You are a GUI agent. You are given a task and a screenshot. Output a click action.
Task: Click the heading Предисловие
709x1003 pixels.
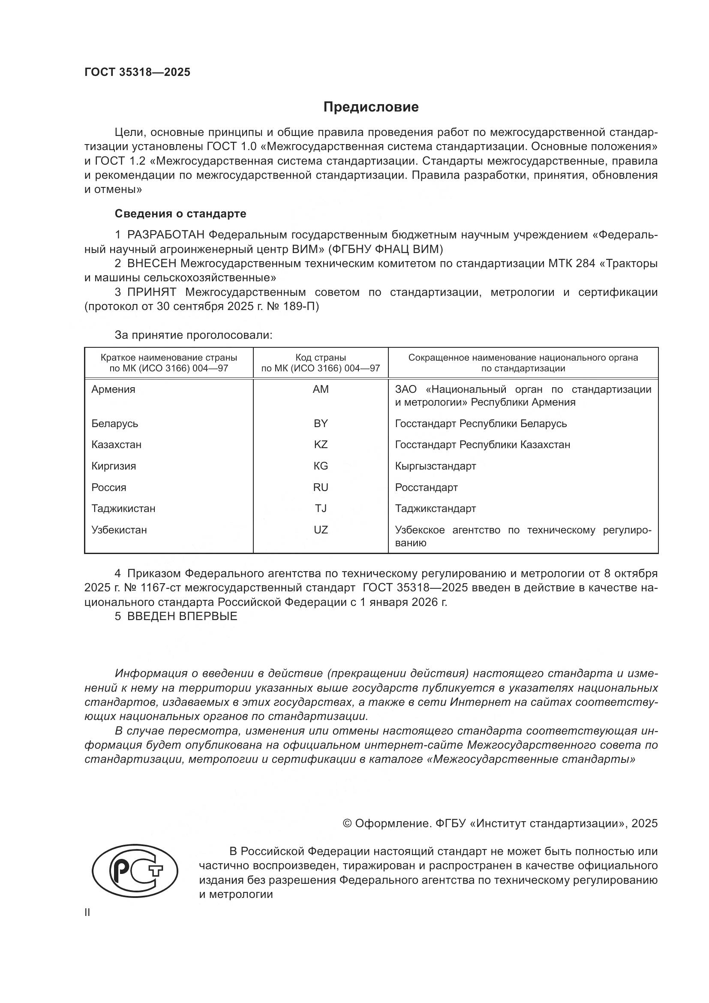click(x=371, y=107)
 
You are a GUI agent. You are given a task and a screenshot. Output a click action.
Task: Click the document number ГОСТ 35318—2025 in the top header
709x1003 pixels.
click(x=137, y=72)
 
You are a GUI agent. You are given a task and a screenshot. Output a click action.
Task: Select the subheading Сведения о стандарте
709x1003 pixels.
click(x=180, y=214)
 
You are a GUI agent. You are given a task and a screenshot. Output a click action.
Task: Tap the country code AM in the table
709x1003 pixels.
click(x=321, y=389)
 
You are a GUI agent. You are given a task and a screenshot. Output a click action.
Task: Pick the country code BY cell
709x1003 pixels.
click(x=321, y=423)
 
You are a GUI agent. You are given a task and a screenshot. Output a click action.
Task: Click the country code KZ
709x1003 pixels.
click(x=321, y=445)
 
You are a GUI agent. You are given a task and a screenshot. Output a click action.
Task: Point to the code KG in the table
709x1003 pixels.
click(x=321, y=466)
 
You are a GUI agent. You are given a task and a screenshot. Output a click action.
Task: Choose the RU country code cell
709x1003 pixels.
click(x=321, y=488)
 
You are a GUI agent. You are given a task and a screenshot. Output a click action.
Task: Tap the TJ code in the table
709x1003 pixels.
click(x=321, y=509)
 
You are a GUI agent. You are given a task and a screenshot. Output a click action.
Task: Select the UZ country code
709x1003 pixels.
click(x=321, y=530)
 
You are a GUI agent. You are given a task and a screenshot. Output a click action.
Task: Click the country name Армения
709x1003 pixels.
click(x=113, y=389)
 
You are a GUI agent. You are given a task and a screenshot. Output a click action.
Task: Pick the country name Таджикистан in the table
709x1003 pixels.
click(x=123, y=509)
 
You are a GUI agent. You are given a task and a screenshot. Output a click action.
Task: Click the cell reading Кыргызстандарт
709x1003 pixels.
click(x=435, y=466)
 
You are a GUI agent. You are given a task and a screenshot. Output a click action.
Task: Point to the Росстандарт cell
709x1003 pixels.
click(x=426, y=488)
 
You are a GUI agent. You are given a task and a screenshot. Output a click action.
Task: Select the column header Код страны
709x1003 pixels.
click(x=321, y=358)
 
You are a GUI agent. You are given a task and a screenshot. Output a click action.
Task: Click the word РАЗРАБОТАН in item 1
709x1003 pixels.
click(x=165, y=235)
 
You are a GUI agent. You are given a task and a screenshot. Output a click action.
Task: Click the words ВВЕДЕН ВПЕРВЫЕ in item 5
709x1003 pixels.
click(x=182, y=616)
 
